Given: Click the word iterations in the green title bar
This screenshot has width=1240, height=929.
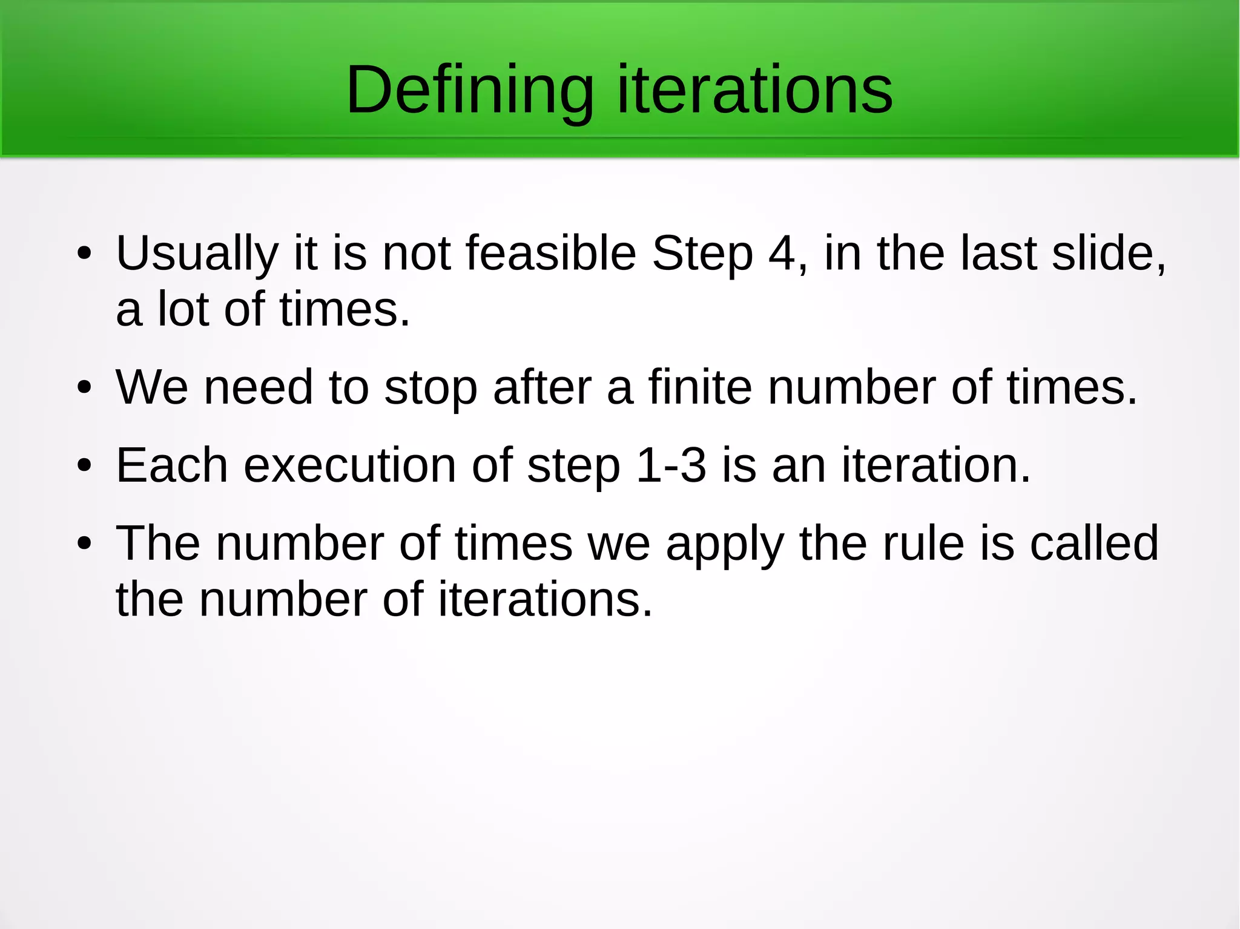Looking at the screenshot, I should tap(754, 91).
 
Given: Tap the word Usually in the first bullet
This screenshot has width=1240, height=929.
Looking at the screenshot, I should tap(197, 254).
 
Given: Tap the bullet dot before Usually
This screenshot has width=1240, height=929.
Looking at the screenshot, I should tap(84, 254).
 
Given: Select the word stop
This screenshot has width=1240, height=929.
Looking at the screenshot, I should tap(430, 389).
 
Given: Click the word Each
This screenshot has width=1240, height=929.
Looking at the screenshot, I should tap(172, 465).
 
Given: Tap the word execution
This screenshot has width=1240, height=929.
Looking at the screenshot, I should tap(349, 465).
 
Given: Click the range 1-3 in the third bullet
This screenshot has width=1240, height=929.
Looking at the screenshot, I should tap(671, 465).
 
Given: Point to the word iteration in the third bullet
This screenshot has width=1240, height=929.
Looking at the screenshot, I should tap(929, 465).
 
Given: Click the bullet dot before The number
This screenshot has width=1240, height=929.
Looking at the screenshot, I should tap(84, 543).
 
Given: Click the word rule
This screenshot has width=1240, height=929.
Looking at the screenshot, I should tap(923, 543).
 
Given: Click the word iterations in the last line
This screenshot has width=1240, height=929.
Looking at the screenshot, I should tap(545, 600).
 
